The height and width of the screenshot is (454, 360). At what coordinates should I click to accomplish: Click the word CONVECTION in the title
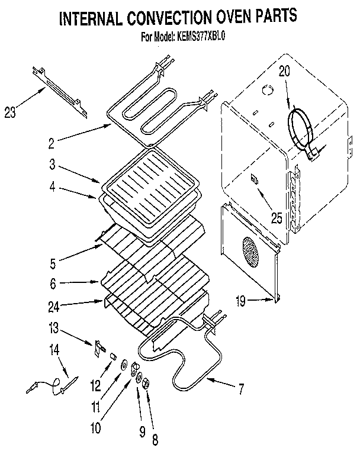[180, 19]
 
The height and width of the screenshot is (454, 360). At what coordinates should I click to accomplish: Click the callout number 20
[284, 72]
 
